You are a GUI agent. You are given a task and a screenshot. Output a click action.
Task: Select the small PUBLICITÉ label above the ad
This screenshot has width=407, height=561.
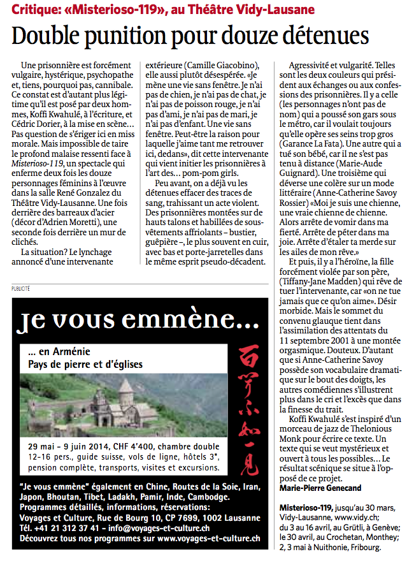point(20,289)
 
